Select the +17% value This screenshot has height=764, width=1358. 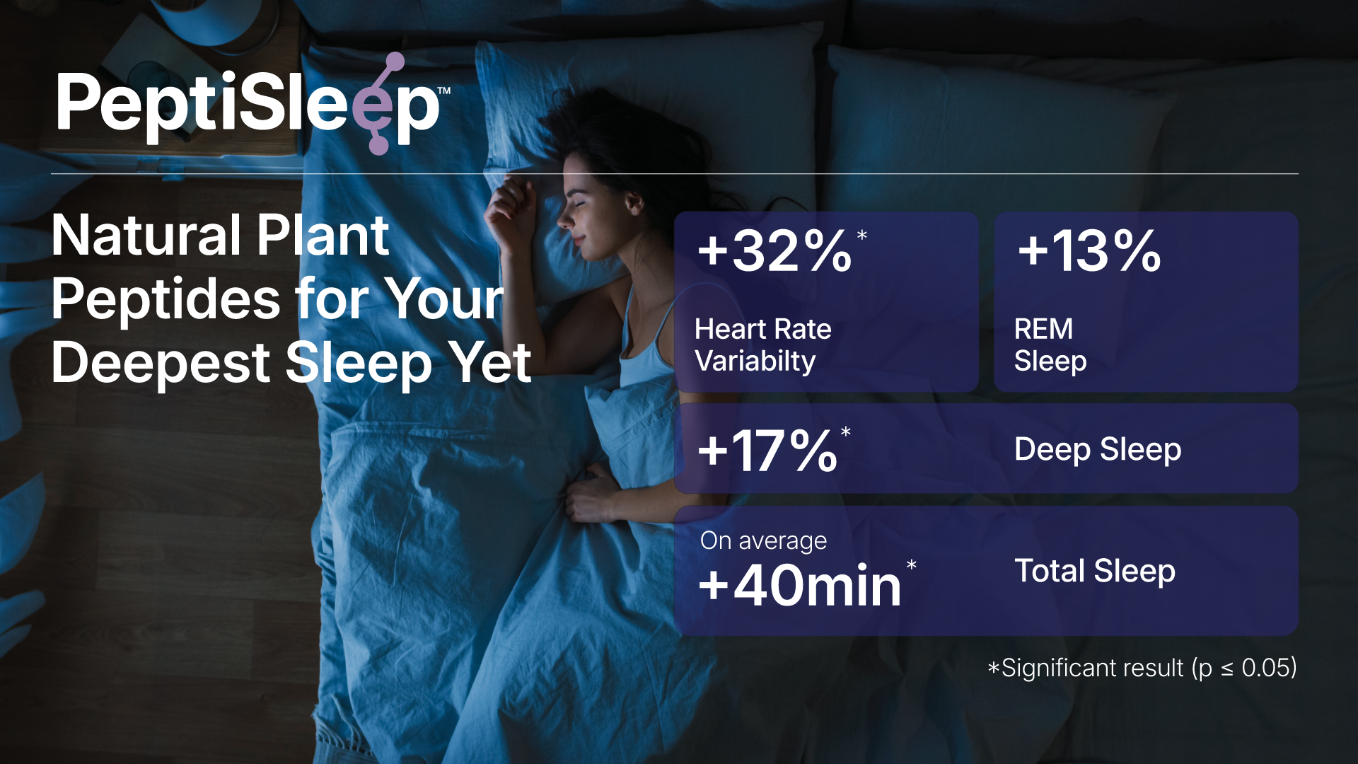pos(767,450)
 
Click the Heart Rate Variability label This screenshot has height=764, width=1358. pos(762,345)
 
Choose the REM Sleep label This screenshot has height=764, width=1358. pos(1050,345)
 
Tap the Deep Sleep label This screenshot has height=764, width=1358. pos(1098,450)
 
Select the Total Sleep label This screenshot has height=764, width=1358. pos(1095,571)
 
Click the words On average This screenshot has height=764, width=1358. pos(763,540)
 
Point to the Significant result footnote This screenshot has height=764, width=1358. pos(1142,668)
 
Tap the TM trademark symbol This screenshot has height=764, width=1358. pos(444,91)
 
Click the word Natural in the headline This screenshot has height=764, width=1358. pos(147,236)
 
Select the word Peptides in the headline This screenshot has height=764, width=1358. pos(166,299)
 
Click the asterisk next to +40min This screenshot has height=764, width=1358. pos(912,565)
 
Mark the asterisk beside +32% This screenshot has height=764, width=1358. pos(861,235)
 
